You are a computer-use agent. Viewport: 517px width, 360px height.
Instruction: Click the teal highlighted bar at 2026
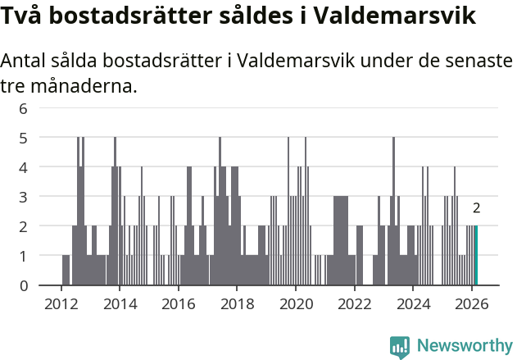pyautogui.click(x=476, y=256)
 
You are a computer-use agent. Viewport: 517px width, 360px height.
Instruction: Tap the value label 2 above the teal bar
pyautogui.click(x=476, y=208)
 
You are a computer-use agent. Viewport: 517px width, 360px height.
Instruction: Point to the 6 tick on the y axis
pyautogui.click(x=24, y=108)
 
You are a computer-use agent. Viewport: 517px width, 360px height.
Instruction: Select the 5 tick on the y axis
pyautogui.click(x=24, y=138)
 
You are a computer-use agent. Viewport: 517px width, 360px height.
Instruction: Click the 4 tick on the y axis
pyautogui.click(x=24, y=167)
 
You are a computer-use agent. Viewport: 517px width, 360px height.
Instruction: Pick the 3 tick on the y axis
pyautogui.click(x=24, y=197)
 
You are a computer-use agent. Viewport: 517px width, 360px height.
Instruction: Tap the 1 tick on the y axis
pyautogui.click(x=24, y=256)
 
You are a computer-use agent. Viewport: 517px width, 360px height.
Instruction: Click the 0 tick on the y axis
pyautogui.click(x=24, y=285)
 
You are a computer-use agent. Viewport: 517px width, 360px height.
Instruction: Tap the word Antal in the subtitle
pyautogui.click(x=25, y=62)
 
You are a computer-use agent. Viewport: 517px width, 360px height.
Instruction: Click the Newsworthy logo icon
pyautogui.click(x=400, y=346)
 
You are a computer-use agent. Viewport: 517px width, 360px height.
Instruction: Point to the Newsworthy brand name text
pyautogui.click(x=464, y=346)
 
